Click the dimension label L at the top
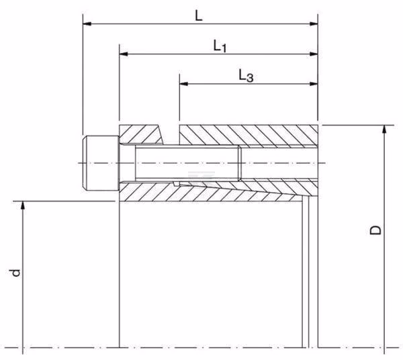pos(199,16)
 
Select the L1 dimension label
pos(220,46)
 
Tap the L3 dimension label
pos(246,76)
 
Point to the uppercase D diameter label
pos(375,230)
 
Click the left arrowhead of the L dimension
pos(87,24)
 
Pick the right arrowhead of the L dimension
pos(314,24)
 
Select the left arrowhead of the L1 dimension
pos(124,54)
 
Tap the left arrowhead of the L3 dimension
pos(183,84)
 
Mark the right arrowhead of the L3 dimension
pos(314,84)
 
